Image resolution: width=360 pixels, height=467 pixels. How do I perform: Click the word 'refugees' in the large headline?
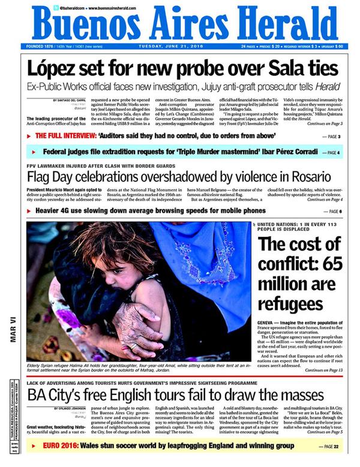click(x=291, y=302)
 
